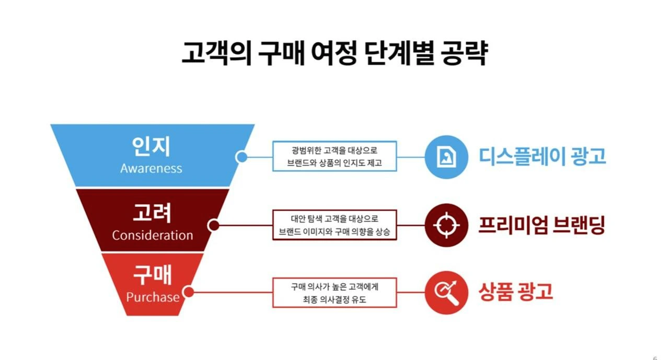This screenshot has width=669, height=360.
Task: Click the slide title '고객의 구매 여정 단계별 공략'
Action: [334, 54]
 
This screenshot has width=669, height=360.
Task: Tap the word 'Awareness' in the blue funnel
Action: [151, 168]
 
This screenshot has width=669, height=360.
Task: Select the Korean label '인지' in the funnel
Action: [151, 147]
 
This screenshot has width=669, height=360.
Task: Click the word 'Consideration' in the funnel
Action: [152, 235]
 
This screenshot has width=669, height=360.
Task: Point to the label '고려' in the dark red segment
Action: [152, 213]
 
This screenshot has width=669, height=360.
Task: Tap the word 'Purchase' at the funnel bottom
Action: [153, 297]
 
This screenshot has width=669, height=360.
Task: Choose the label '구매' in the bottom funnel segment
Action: [153, 275]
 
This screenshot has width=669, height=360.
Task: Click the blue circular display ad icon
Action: [445, 157]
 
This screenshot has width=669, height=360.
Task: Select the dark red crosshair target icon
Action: [445, 225]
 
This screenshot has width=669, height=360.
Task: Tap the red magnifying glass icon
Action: [445, 292]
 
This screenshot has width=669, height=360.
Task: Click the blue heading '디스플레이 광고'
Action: [543, 156]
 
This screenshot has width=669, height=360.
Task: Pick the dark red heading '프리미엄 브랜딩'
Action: [541, 225]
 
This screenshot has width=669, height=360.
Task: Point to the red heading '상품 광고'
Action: [515, 292]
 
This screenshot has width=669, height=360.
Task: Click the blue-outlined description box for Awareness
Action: [334, 156]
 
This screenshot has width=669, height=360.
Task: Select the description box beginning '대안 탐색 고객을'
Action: [334, 225]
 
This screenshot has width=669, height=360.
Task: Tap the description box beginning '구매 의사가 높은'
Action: [334, 292]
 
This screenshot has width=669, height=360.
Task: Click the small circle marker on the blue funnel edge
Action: [241, 157]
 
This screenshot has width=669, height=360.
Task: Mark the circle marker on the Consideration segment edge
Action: [213, 226]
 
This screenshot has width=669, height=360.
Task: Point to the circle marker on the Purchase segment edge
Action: [188, 292]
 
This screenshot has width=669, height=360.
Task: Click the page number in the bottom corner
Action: [655, 358]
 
